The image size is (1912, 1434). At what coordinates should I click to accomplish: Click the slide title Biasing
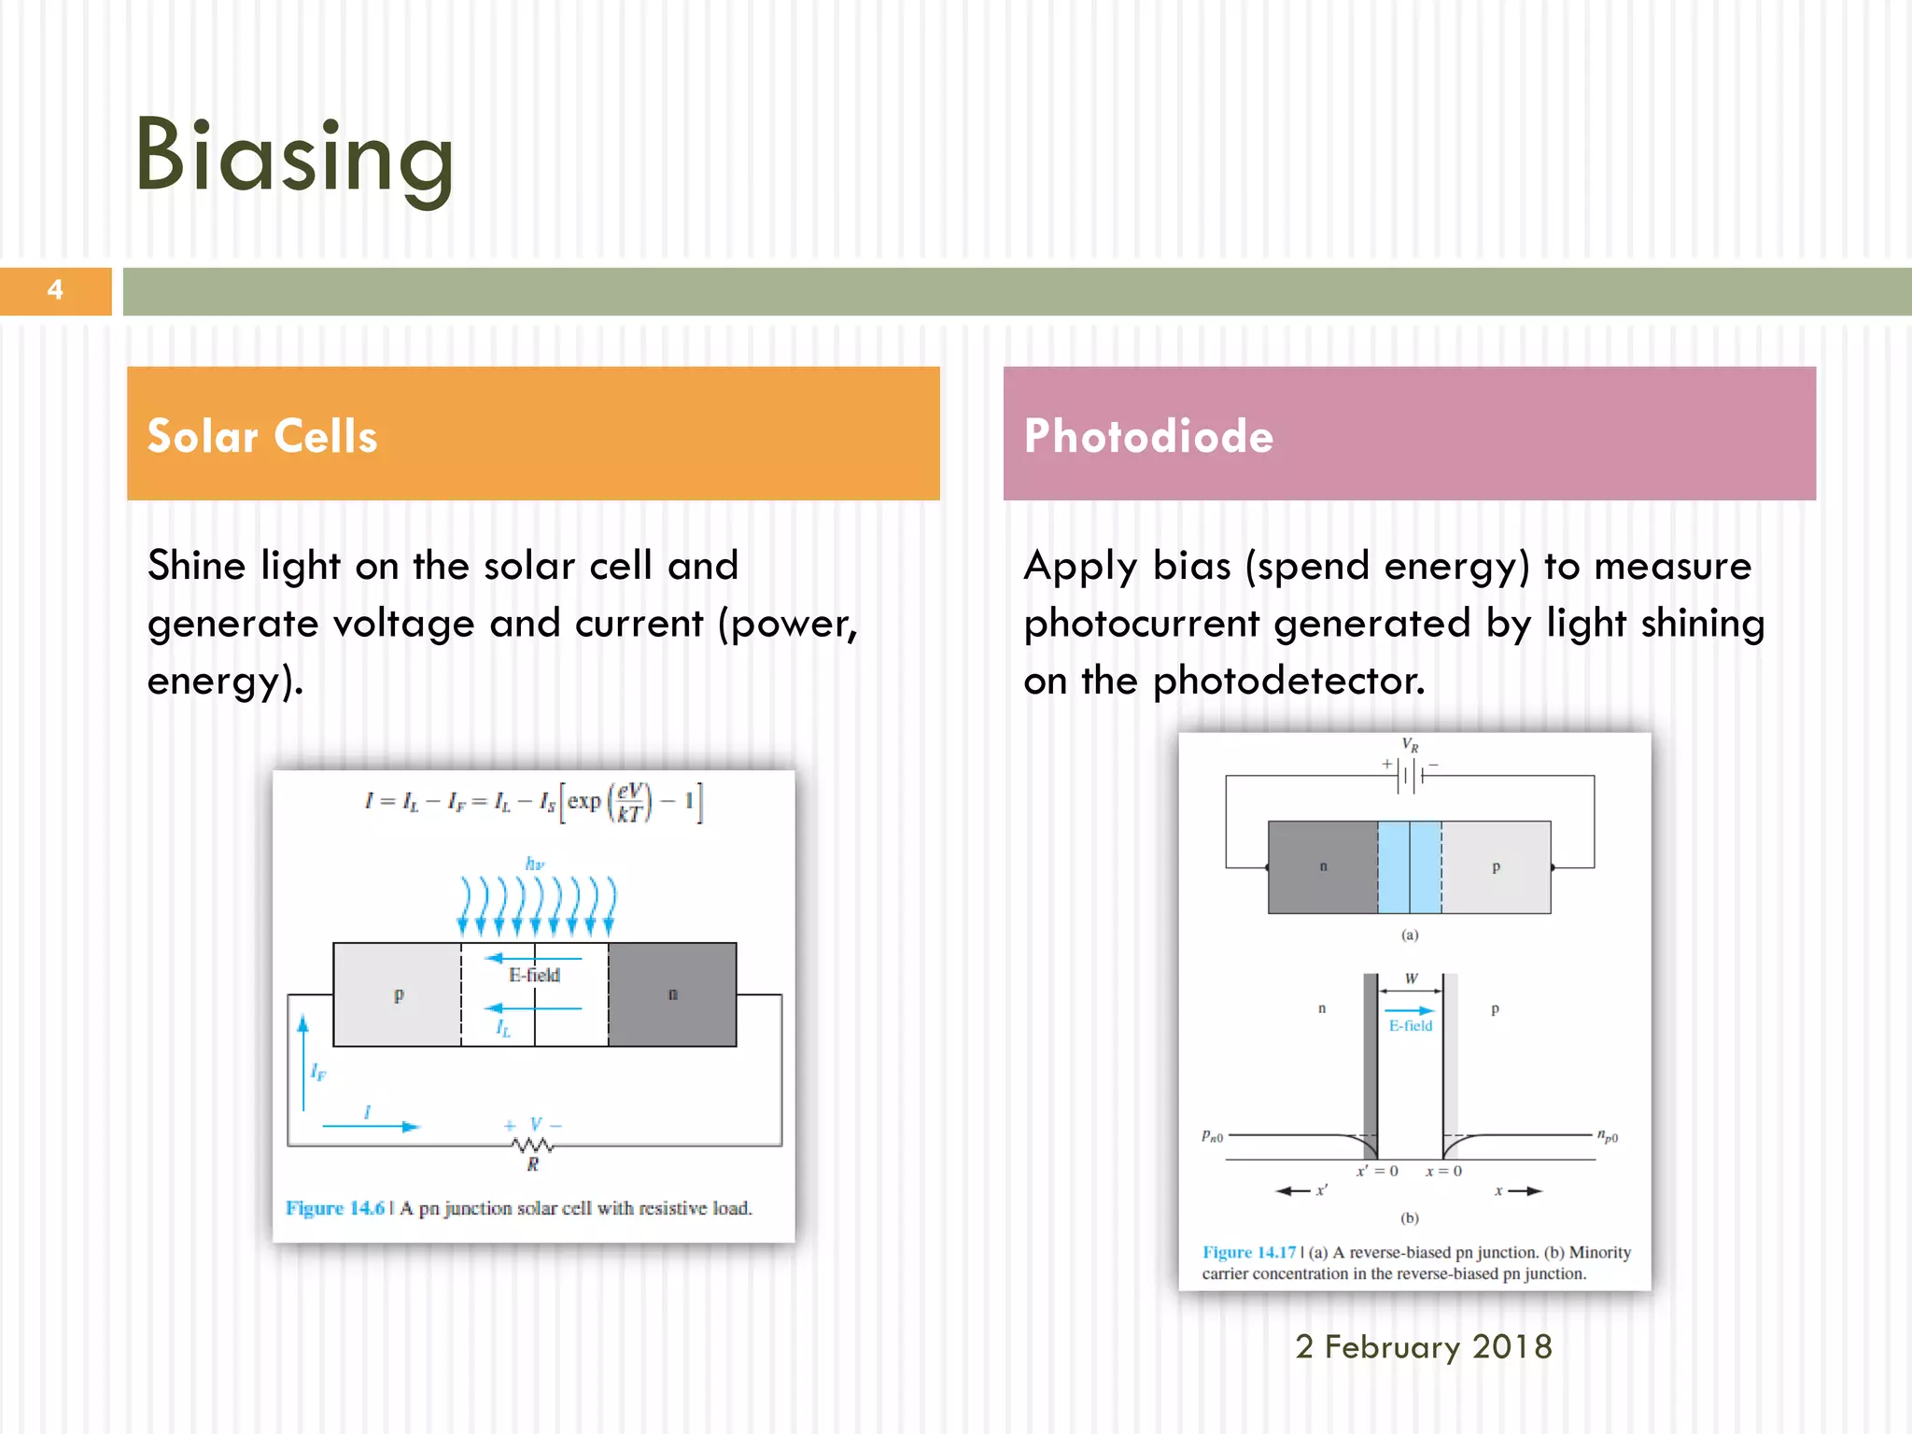(x=294, y=156)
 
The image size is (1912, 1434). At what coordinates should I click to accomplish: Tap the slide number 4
(x=55, y=290)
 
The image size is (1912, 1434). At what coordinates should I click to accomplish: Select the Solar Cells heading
(x=262, y=436)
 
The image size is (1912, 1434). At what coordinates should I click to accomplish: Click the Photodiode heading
(x=1148, y=436)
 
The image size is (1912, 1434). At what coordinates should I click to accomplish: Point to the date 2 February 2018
(x=1423, y=1346)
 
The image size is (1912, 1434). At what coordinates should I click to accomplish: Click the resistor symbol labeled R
(x=532, y=1146)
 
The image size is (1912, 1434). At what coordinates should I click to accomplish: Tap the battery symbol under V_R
(x=1410, y=775)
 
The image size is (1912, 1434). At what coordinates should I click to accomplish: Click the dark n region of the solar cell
(x=672, y=994)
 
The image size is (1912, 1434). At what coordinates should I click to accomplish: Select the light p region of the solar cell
(x=398, y=994)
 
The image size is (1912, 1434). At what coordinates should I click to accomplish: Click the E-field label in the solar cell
(x=534, y=975)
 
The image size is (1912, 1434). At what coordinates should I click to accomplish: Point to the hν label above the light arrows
(x=535, y=864)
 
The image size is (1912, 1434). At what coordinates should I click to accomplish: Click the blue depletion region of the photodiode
(x=1410, y=866)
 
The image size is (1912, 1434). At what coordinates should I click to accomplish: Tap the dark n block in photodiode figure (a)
(x=1322, y=866)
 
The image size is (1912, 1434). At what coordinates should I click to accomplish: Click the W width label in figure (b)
(x=1411, y=978)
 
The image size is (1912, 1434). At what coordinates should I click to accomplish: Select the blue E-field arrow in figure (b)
(x=1409, y=1010)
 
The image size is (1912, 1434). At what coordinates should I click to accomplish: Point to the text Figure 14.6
(x=334, y=1208)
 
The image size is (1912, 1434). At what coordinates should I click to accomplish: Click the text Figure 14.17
(x=1248, y=1252)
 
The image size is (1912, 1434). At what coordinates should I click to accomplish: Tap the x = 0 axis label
(x=1443, y=1171)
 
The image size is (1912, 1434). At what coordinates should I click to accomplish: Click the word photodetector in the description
(x=1288, y=681)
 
